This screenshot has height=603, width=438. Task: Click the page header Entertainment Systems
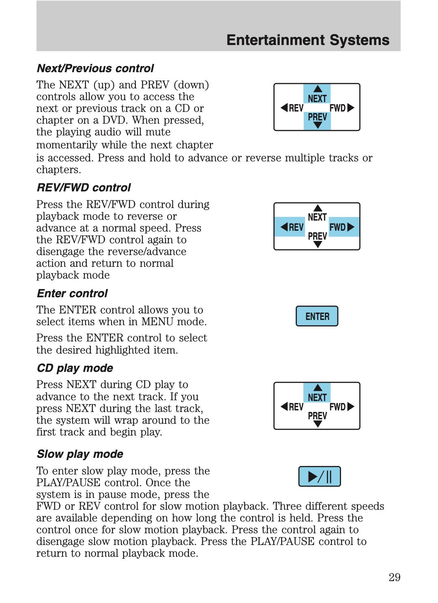[307, 40]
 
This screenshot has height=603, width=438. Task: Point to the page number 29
[394, 577]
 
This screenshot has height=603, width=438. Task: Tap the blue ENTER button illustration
[317, 316]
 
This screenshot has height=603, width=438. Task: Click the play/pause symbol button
[320, 476]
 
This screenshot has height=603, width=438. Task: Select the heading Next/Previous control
[95, 68]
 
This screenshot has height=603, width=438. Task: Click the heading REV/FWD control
[84, 187]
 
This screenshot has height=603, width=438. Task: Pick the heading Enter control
[72, 293]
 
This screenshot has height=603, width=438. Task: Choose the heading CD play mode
[75, 368]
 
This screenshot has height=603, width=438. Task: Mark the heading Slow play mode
[80, 454]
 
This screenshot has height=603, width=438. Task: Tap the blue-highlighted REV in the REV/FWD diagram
[292, 227]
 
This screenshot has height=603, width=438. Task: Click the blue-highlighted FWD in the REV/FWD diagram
[342, 227]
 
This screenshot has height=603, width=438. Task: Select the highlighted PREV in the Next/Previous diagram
[317, 117]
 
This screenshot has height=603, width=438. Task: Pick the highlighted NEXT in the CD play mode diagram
[317, 397]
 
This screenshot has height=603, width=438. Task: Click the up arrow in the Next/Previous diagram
[318, 89]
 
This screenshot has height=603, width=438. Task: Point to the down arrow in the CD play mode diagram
[318, 424]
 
